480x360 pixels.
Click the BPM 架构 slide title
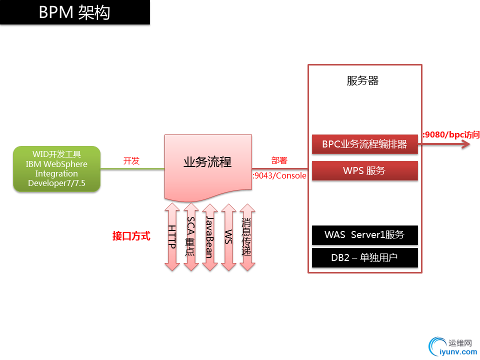(74, 12)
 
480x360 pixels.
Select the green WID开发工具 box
(56, 168)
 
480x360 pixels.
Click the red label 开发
(131, 161)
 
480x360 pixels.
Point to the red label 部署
(279, 160)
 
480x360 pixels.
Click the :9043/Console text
(279, 175)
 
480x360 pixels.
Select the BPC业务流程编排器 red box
(364, 144)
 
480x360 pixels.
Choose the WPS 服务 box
(364, 170)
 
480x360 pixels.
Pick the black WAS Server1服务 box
(364, 235)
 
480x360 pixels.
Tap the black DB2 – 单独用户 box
(364, 258)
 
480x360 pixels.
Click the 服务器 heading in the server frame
(362, 80)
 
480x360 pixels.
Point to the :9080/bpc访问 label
(451, 134)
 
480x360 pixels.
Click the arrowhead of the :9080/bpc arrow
(466, 144)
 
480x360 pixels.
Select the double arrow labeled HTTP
(172, 236)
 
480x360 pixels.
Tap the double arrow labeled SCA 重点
(190, 236)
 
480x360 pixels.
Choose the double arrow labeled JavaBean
(209, 236)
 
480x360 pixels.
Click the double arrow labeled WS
(228, 236)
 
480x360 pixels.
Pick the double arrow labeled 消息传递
(246, 236)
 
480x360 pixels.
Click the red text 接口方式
(131, 236)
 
